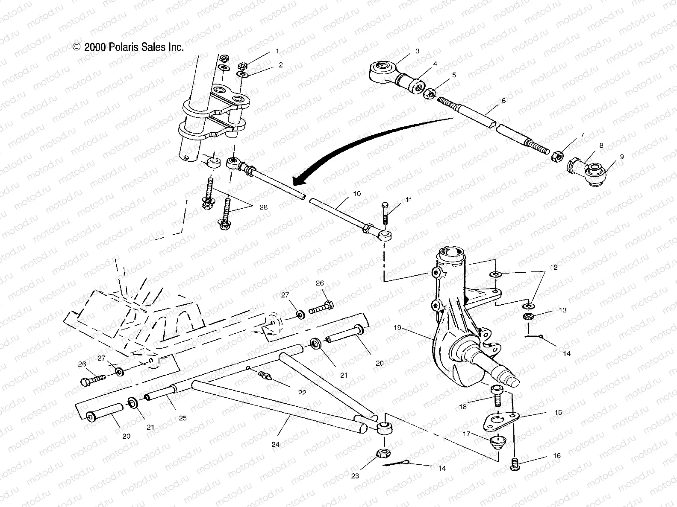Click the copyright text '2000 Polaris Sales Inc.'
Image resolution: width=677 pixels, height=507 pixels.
pyautogui.click(x=128, y=47)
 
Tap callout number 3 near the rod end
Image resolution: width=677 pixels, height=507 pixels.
pyautogui.click(x=417, y=51)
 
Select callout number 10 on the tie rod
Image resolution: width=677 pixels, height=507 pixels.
pyautogui.click(x=357, y=194)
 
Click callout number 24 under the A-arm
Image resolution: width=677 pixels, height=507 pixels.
pyautogui.click(x=275, y=444)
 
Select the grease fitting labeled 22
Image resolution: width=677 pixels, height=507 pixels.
pyautogui.click(x=265, y=376)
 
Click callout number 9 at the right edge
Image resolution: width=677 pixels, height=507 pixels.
pyautogui.click(x=621, y=157)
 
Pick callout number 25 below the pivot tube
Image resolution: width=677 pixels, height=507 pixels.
pyautogui.click(x=182, y=418)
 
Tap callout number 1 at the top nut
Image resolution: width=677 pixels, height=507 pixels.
pyautogui.click(x=277, y=51)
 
